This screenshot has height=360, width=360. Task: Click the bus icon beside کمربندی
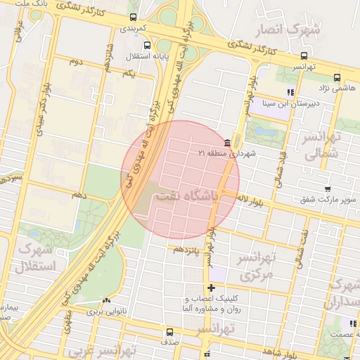click(x=134, y=18)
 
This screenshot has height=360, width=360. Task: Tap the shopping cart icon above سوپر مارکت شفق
click(x=328, y=189)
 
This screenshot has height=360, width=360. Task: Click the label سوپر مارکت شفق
click(x=328, y=200)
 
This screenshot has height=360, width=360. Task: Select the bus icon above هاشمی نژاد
click(x=337, y=77)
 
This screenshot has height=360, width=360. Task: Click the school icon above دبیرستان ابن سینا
click(x=290, y=92)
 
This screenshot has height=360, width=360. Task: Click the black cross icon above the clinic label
click(x=211, y=288)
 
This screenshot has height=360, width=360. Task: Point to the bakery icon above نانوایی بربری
click(x=105, y=300)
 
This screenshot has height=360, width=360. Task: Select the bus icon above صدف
click(x=169, y=333)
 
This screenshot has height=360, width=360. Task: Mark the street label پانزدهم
click(x=188, y=250)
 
